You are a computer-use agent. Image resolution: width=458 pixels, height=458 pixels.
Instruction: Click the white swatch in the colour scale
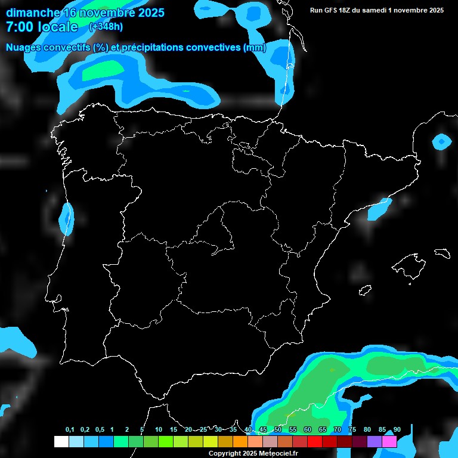coord(61,441)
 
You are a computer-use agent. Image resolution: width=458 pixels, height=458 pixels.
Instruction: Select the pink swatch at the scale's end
coord(389,441)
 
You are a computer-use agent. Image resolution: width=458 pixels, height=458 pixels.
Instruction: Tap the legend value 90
coord(397,430)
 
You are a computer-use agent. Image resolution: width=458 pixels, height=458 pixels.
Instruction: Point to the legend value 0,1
coord(70,430)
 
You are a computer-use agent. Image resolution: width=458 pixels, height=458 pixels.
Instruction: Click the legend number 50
coord(278,430)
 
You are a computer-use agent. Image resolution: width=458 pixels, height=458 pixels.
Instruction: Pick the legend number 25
coord(203,430)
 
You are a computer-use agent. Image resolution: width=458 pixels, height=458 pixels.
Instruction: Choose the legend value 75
coord(352,430)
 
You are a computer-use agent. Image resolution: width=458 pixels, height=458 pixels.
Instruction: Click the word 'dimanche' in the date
coord(33,13)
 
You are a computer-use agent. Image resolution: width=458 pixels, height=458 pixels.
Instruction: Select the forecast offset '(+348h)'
coord(106,27)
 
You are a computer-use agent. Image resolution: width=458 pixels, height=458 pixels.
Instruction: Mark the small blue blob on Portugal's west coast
coord(66,218)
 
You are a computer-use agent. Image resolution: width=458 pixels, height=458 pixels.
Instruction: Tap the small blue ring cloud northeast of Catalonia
coord(441,142)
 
